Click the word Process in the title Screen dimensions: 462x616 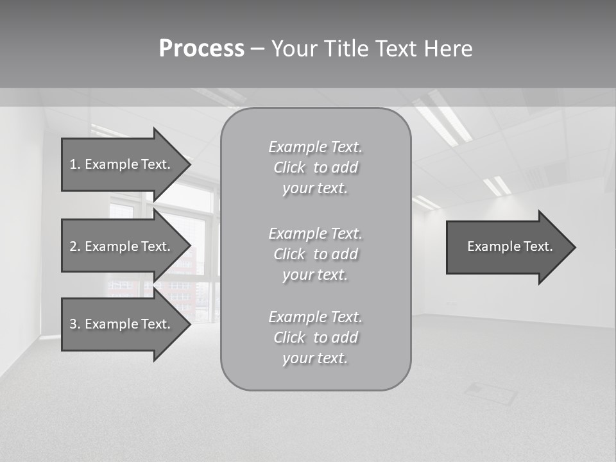[x=201, y=49]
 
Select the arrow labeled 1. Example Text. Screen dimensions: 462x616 [x=122, y=164]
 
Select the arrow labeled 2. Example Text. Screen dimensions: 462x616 [x=122, y=246]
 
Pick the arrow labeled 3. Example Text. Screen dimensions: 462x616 [x=122, y=324]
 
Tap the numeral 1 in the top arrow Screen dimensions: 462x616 [x=73, y=164]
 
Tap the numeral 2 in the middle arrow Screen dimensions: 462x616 [x=73, y=246]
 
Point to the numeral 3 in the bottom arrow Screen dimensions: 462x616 [x=73, y=324]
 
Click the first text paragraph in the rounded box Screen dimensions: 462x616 [x=316, y=167]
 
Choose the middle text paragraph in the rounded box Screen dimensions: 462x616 [x=316, y=254]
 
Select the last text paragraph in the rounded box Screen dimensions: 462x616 [x=316, y=338]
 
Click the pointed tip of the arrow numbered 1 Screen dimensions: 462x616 [x=189, y=164]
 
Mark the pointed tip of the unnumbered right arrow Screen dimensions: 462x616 [x=574, y=246]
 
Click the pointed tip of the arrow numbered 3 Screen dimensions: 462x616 [x=189, y=324]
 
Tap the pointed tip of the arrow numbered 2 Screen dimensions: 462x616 [x=189, y=246]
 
